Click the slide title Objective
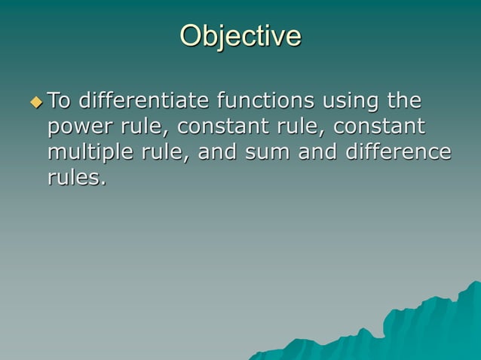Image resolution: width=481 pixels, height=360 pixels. (x=240, y=35)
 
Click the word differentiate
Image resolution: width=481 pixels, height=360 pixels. (x=144, y=100)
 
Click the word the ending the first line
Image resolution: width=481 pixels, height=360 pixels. (x=403, y=100)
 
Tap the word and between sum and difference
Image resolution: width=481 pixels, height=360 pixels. (x=317, y=152)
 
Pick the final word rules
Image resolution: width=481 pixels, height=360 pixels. (x=76, y=178)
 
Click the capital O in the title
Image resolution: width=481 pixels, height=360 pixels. (x=192, y=35)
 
